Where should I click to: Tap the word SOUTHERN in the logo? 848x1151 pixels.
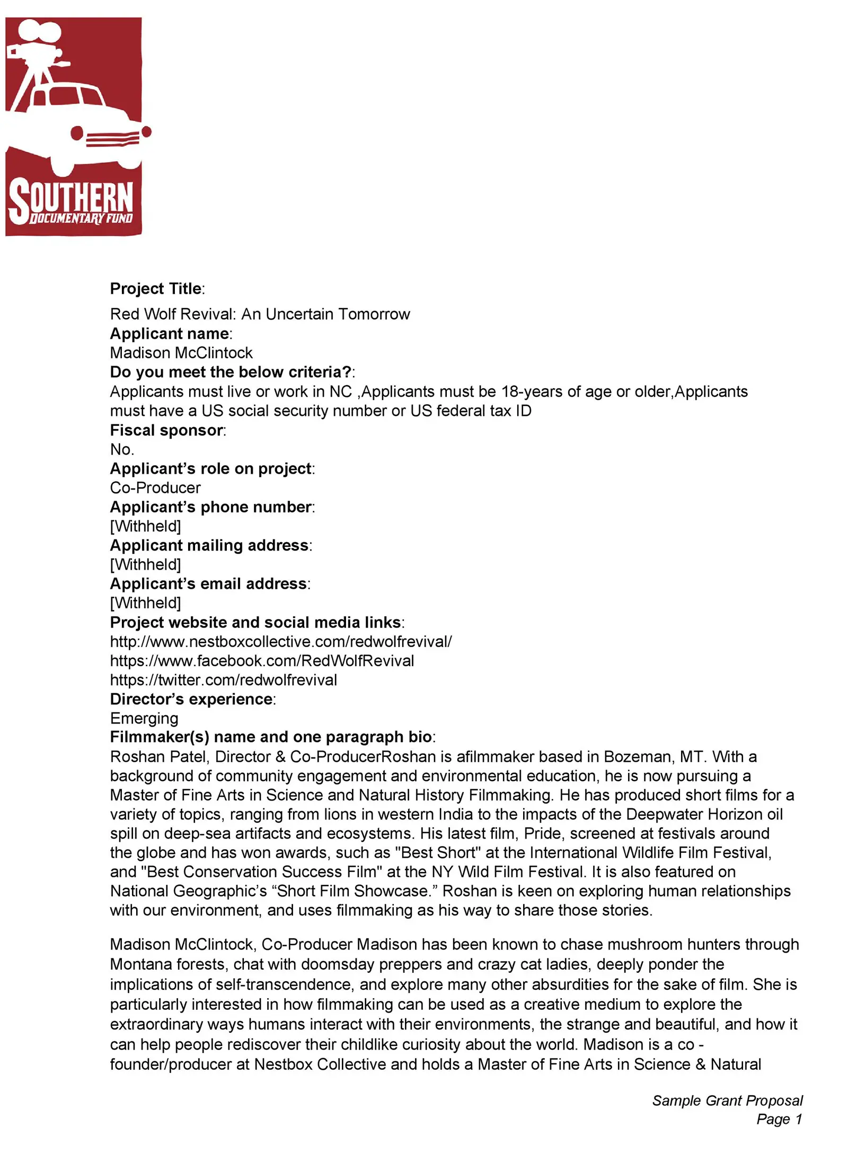(72, 199)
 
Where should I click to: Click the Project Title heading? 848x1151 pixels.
(156, 289)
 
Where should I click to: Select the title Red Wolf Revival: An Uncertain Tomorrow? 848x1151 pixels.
(260, 314)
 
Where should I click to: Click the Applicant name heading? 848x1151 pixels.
(170, 334)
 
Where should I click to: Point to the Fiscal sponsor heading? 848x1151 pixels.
(166, 430)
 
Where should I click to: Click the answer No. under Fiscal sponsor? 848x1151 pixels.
(122, 449)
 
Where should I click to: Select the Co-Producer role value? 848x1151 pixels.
(155, 487)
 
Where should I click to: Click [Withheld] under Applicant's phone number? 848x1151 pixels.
(145, 526)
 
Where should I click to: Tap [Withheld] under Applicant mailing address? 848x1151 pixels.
(145, 564)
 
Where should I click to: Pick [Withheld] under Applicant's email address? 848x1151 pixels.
(145, 603)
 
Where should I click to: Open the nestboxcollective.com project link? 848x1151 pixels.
(281, 641)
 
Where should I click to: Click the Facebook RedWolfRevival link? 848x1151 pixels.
(262, 660)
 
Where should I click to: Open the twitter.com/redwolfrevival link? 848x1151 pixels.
(223, 680)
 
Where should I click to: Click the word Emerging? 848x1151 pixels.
(144, 718)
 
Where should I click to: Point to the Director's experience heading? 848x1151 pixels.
(191, 699)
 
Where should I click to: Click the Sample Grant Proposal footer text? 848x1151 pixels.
(727, 1101)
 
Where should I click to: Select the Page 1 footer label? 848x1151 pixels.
(779, 1119)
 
